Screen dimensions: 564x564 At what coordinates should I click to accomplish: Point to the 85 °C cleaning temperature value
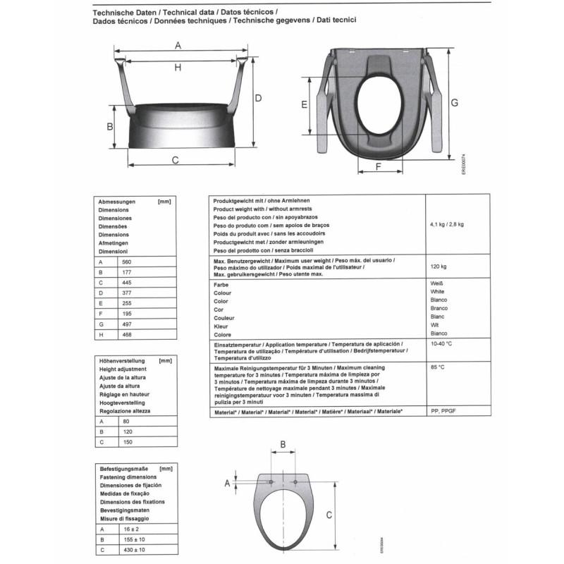(437, 367)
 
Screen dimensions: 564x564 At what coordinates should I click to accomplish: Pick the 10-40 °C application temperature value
(441, 343)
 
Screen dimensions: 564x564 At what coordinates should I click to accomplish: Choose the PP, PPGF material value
(444, 410)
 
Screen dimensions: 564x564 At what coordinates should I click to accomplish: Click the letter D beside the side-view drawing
(259, 98)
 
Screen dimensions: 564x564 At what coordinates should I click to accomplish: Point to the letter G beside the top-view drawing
(455, 102)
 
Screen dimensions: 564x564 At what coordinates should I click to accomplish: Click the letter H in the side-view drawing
(178, 67)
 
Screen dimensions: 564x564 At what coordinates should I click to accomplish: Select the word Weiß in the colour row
(436, 283)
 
